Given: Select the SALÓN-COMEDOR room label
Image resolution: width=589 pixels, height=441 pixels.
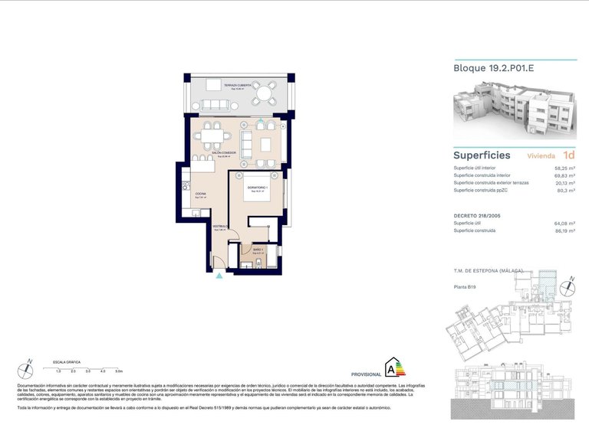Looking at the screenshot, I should click(224, 154).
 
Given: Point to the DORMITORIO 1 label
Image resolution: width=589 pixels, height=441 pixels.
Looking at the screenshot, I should click(255, 188).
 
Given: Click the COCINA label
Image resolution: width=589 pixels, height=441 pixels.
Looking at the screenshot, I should click(199, 194).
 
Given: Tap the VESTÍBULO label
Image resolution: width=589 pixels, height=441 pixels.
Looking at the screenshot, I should click(219, 227).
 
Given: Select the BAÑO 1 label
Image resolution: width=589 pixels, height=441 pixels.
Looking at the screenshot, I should click(258, 249).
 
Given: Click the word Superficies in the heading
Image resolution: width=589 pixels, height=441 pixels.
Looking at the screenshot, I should click(482, 155).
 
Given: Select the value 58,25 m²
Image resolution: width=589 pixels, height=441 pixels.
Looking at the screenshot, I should click(565, 168).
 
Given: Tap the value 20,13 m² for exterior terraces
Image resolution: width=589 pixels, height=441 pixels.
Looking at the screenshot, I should click(565, 183).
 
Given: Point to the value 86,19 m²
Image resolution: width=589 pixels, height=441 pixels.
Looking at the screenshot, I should click(565, 230).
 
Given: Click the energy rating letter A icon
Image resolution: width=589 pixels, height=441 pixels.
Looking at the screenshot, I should click(395, 367).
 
